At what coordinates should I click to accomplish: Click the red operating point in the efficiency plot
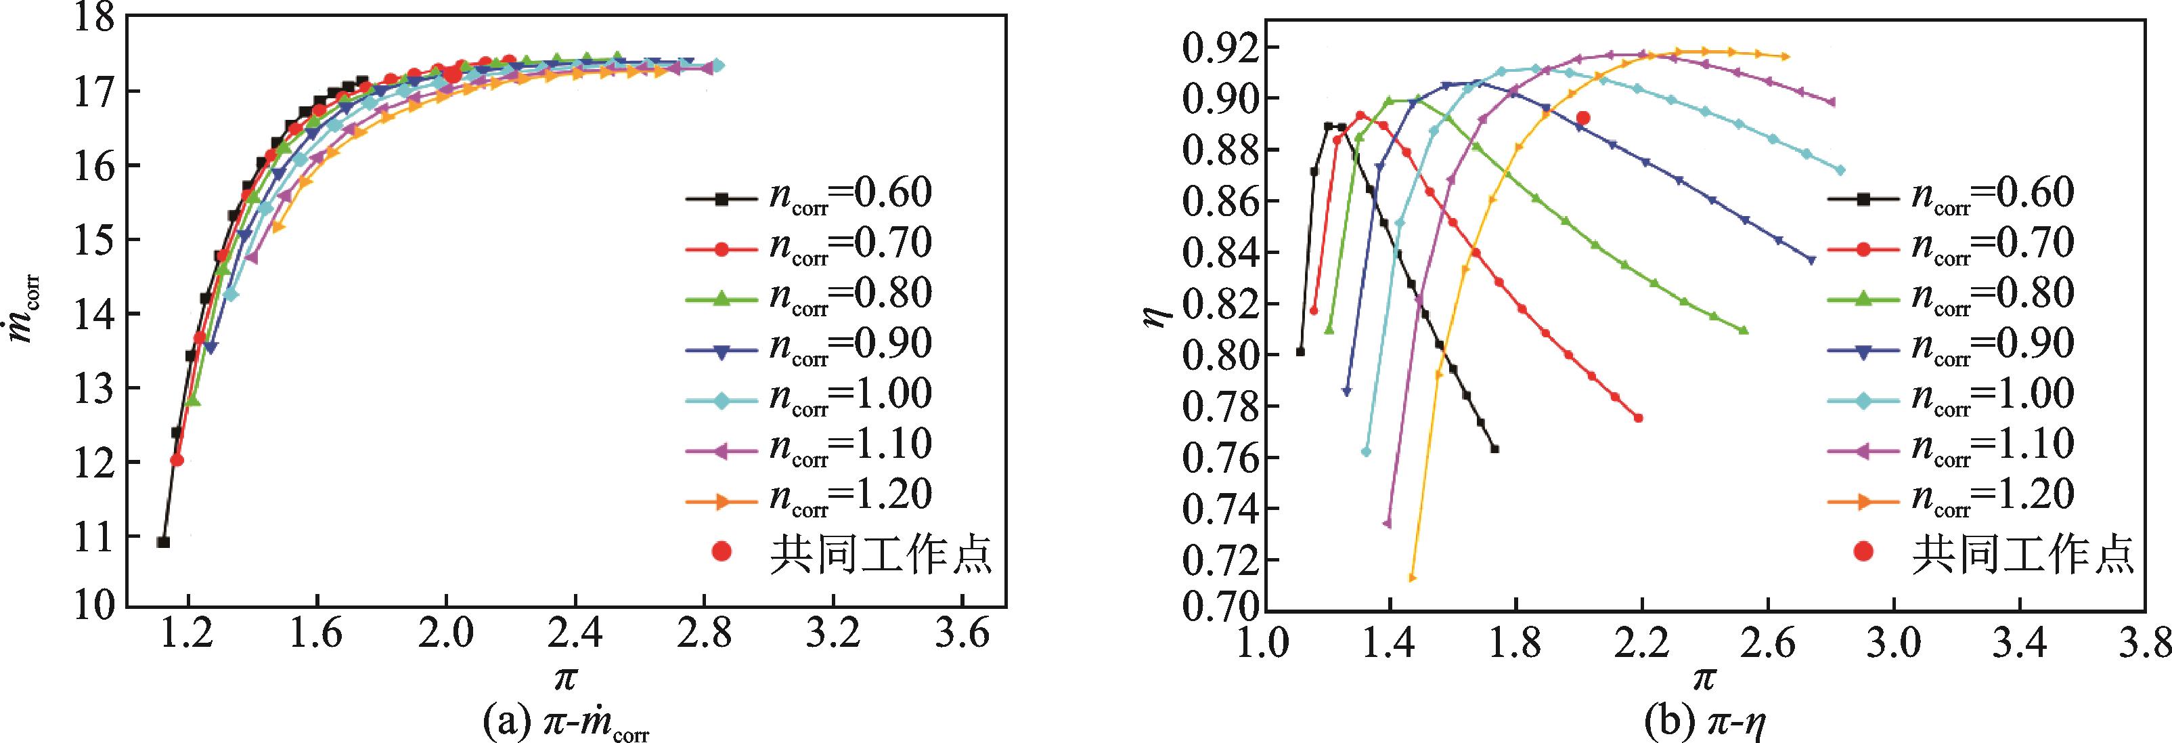pos(1582,118)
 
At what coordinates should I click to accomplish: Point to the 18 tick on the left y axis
pos(92,18)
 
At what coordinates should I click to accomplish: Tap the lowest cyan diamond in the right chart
pos(1366,451)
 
